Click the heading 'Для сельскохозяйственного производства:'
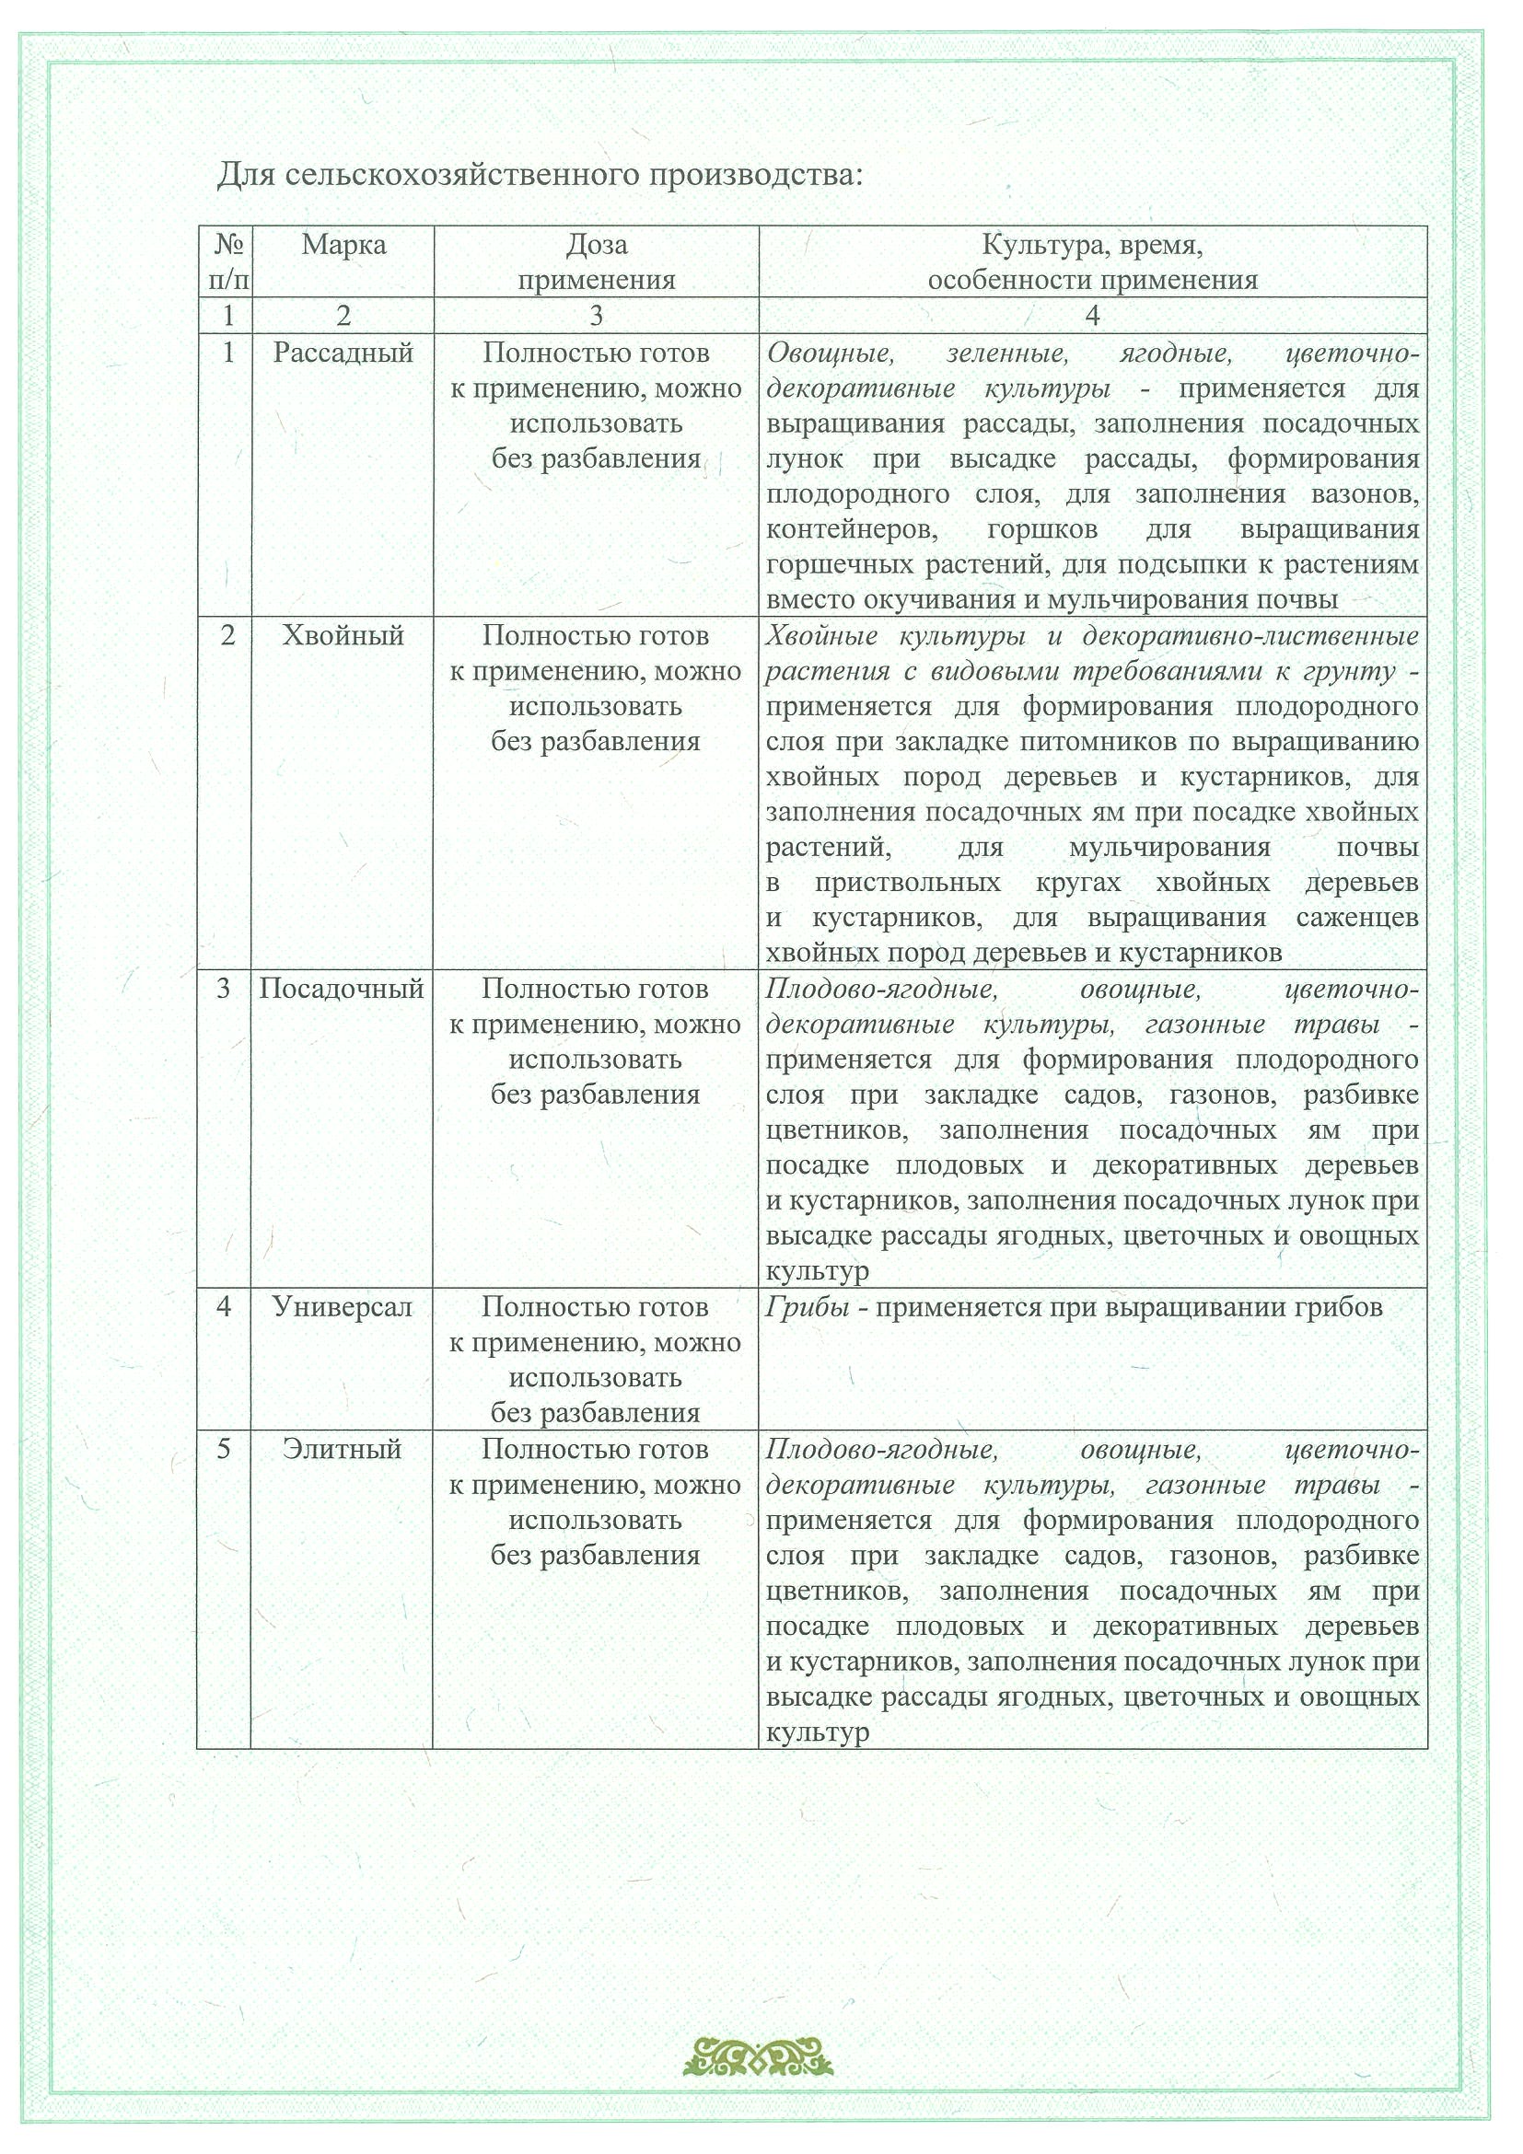coord(540,175)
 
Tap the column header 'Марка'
coord(343,246)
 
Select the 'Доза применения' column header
coord(597,262)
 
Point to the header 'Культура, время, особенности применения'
coord(1092,262)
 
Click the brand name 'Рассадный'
coord(343,353)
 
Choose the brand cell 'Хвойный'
coord(343,636)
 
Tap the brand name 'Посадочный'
coord(342,989)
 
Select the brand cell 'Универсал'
coord(343,1307)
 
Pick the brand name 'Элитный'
coord(343,1450)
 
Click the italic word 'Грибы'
coord(808,1307)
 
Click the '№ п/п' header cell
coord(228,262)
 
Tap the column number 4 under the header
coord(1092,316)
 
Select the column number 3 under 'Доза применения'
coord(597,316)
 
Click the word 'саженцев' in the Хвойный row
coord(1358,919)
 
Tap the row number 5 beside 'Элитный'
coord(224,1450)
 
